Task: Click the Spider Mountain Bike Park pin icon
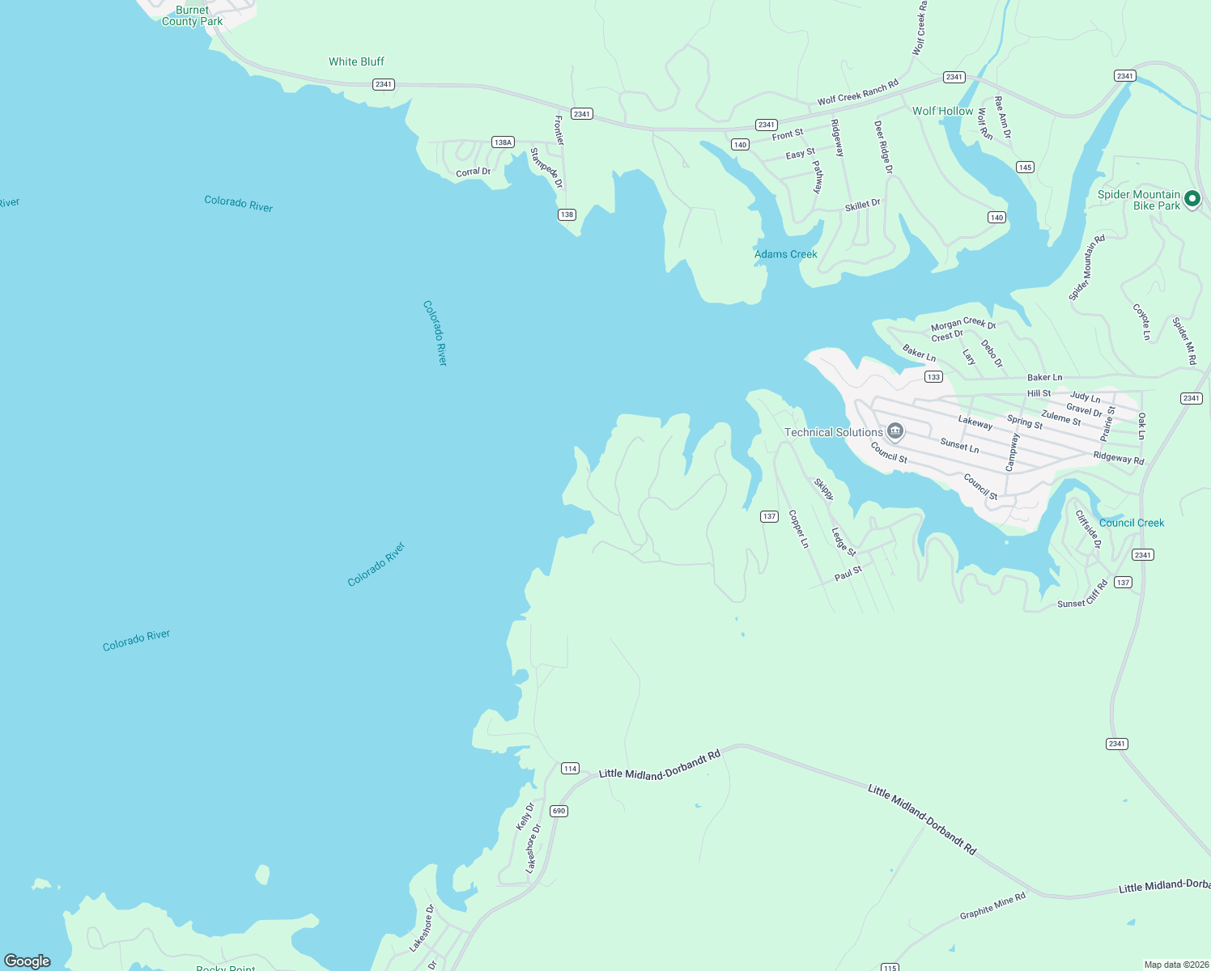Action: pos(1192,198)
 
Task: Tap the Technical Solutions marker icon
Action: pos(894,431)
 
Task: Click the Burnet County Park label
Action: pos(192,15)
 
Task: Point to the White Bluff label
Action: pos(356,61)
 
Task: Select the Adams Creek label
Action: pos(785,254)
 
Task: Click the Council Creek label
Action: pos(1131,523)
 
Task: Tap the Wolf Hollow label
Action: pos(942,111)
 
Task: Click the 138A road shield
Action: pos(503,142)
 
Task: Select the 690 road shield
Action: pos(559,811)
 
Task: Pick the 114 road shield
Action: pos(570,769)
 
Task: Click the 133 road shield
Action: pos(933,377)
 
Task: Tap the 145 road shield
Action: pos(1025,167)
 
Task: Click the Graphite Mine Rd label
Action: pos(992,905)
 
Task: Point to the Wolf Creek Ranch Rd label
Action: pos(857,92)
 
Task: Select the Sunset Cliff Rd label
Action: pos(1082,596)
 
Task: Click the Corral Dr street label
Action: pos(473,172)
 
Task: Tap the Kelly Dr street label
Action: pos(525,816)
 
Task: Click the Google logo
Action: pos(28,960)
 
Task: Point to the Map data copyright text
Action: pos(1175,965)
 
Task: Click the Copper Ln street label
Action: pos(798,528)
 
